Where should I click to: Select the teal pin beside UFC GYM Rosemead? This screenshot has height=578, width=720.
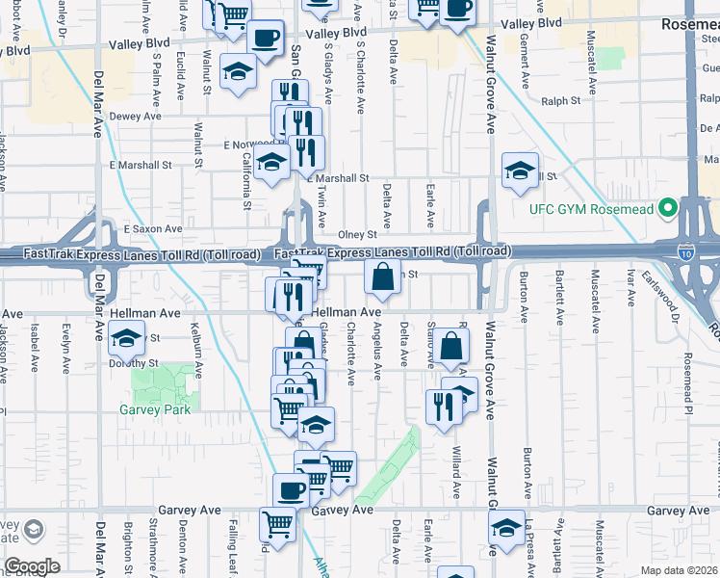pos(664,209)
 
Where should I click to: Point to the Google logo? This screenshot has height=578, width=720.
pos(32,566)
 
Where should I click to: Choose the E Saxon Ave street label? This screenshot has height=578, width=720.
pos(153,229)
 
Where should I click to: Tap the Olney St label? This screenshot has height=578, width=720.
pos(356,234)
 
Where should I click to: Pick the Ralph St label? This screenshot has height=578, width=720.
pos(560,100)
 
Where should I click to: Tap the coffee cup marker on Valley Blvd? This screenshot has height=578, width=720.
pos(266,39)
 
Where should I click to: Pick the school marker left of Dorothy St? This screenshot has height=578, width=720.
pos(126,338)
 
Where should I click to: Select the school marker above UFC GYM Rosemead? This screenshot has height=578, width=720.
pos(520,171)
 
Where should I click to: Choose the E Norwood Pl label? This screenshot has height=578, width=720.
pos(247,144)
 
